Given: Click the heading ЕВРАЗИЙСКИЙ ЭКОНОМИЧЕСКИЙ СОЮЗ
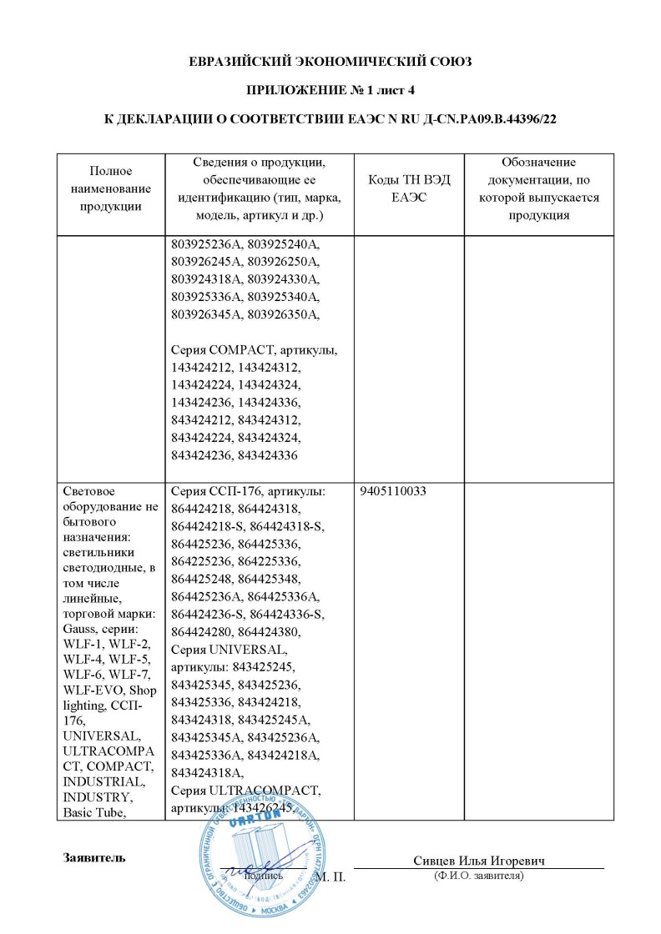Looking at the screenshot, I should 330,62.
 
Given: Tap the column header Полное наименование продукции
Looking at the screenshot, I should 111,188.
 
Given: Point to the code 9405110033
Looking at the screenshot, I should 393,492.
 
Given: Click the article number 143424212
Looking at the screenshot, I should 202,368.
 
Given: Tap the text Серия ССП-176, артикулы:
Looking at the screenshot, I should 247,492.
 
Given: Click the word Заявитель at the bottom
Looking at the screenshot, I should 94,857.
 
